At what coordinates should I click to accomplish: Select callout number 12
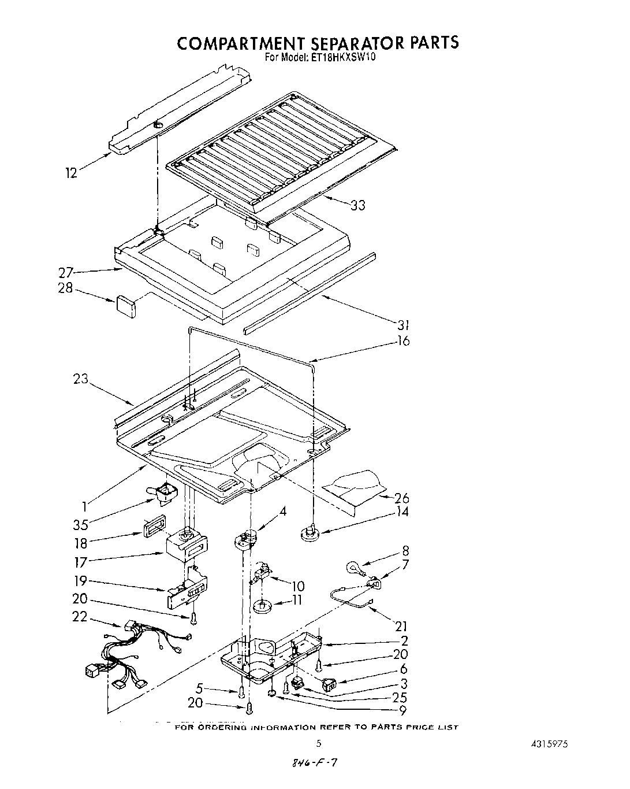[x=71, y=173]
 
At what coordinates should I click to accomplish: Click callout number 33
[x=357, y=205]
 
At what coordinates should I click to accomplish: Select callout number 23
[x=80, y=379]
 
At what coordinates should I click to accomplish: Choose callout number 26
[x=401, y=498]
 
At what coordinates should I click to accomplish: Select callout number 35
[x=81, y=525]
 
